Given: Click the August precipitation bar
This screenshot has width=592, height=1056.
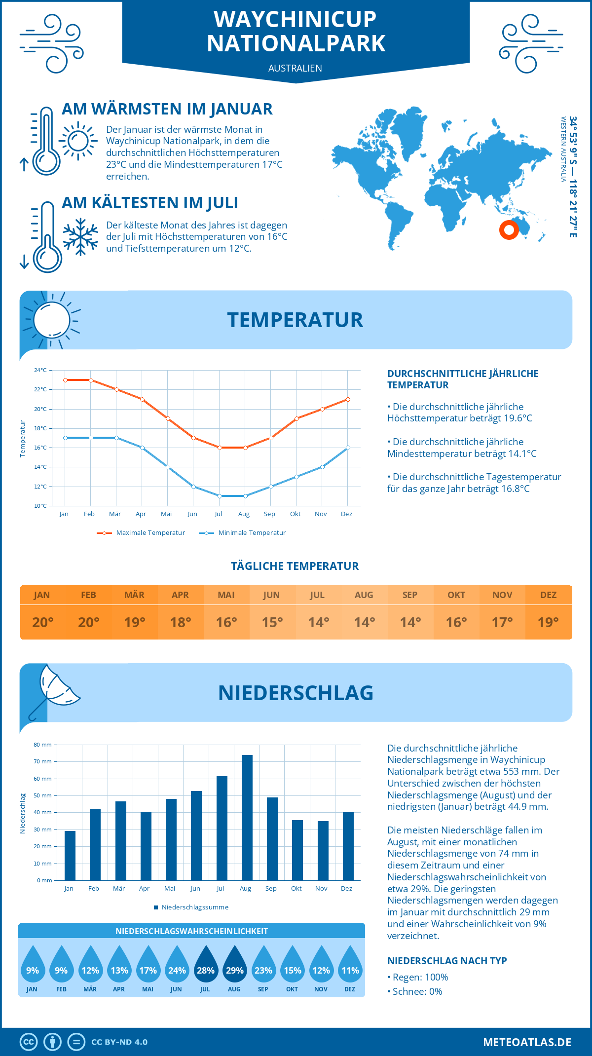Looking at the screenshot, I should click(247, 818).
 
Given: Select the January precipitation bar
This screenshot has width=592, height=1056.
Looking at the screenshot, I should click(70, 856).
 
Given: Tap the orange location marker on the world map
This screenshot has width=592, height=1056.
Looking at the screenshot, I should click(509, 230).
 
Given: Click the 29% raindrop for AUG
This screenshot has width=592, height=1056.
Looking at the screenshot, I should click(234, 964).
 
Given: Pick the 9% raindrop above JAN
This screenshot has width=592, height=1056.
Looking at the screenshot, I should click(32, 964).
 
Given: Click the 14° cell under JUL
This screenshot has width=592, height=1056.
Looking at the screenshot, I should click(318, 622).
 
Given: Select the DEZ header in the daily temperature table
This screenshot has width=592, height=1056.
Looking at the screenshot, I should click(548, 595).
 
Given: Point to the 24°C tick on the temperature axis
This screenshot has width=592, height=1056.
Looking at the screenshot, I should click(40, 370).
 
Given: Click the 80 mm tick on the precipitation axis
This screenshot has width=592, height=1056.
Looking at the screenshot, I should click(43, 745).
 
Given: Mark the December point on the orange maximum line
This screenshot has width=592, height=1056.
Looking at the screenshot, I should click(348, 399).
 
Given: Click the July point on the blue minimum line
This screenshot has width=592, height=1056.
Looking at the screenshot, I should click(220, 496).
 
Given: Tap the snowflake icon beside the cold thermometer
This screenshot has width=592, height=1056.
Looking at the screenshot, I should click(80, 237).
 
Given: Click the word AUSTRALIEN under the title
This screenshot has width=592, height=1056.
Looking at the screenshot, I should click(295, 68).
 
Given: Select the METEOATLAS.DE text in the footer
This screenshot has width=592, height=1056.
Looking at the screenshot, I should click(527, 1042).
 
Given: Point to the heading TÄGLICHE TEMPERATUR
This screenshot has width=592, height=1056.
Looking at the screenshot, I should click(295, 566).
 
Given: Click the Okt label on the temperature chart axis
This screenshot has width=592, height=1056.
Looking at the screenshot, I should click(295, 514).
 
